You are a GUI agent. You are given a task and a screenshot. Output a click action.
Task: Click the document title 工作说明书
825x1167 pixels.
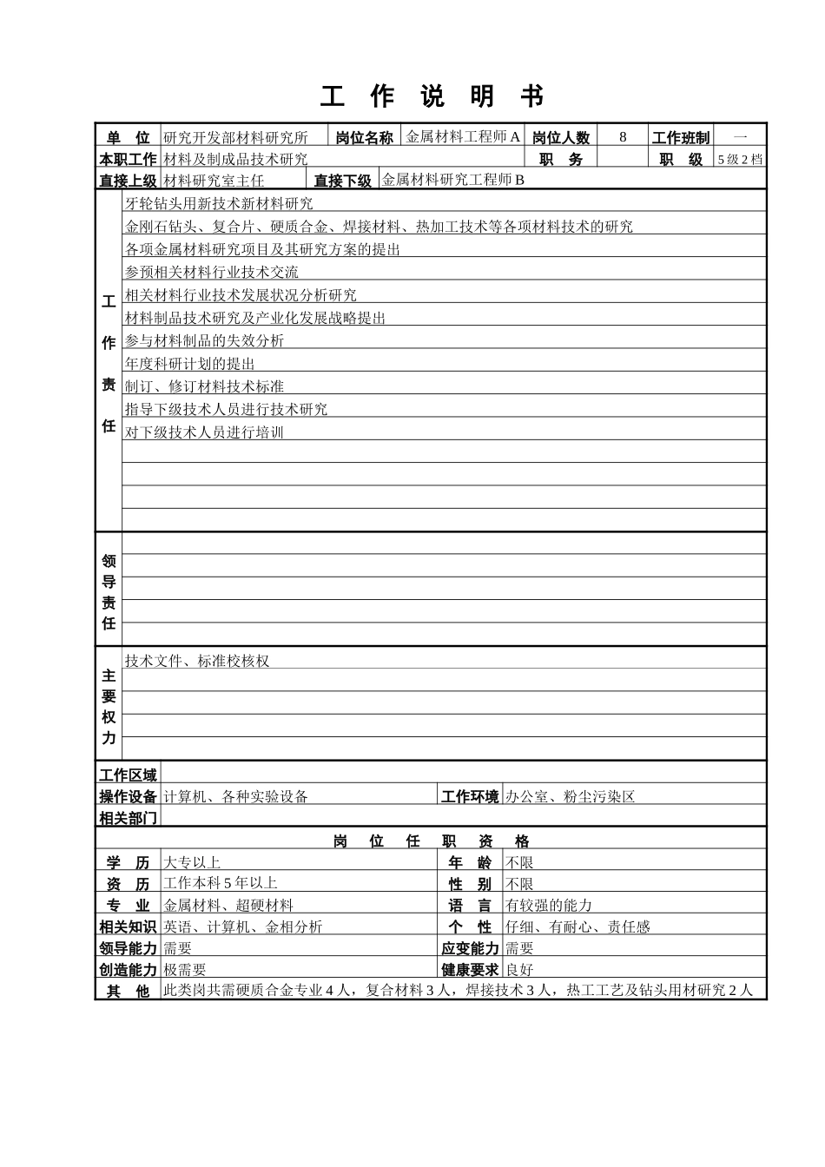point(432,97)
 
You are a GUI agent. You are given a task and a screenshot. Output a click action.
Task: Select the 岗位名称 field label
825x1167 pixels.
point(364,137)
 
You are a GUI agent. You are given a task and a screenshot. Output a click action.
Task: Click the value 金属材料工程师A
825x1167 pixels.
point(464,136)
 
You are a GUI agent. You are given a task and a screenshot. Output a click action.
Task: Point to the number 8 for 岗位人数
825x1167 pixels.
point(623,137)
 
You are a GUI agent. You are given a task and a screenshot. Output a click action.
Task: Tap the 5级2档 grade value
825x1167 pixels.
point(740,159)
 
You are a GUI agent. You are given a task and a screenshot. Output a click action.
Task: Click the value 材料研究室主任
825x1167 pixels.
point(214,181)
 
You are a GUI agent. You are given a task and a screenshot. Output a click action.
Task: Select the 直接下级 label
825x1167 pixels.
point(342,181)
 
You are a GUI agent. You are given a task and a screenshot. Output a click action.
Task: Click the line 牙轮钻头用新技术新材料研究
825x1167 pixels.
point(219,204)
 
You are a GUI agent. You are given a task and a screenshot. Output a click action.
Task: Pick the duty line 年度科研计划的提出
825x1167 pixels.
point(190,364)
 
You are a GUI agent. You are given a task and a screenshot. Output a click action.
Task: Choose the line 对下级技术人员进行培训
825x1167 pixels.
point(204,432)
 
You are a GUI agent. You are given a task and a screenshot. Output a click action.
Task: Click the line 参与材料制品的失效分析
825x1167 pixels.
point(204,341)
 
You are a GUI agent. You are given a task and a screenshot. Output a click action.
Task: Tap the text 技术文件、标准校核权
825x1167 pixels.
point(197,661)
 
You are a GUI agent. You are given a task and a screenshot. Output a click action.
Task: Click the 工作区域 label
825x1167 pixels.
point(128,775)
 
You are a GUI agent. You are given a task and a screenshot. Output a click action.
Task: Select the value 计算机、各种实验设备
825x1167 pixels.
point(236,796)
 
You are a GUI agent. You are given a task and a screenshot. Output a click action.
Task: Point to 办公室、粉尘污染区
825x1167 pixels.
point(571,796)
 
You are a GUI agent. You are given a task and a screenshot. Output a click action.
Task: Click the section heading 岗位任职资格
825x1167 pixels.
point(431,841)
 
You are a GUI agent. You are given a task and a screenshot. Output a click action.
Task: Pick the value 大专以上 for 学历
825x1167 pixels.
point(192,862)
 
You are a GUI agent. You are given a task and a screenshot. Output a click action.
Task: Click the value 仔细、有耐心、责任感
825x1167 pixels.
point(577,926)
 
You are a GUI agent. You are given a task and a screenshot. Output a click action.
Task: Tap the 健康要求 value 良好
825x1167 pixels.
point(519,970)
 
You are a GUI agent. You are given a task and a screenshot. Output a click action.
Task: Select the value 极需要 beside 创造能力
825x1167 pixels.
point(185,970)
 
